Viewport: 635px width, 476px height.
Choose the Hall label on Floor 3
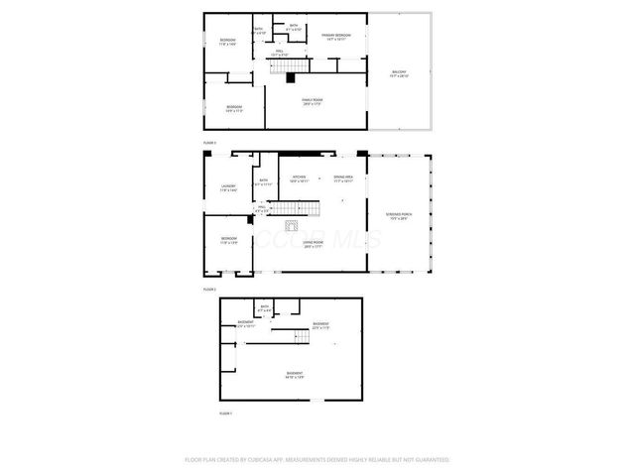(280, 53)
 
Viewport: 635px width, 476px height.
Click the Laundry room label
(229, 188)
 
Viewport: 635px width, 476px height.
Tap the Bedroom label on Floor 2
(229, 241)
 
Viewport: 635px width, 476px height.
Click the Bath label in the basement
(264, 310)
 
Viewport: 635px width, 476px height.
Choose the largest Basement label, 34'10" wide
(294, 375)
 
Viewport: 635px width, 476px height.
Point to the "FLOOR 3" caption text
(209, 143)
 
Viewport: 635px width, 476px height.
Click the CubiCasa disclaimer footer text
(317, 460)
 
